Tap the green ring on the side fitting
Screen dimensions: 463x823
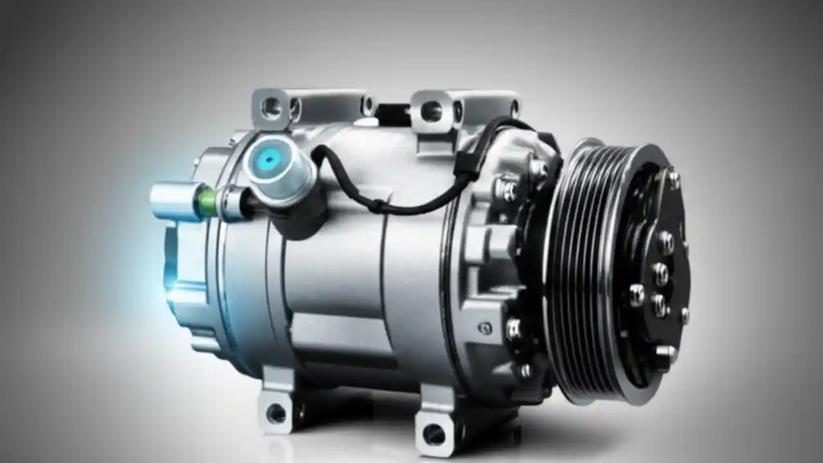(x=208, y=201)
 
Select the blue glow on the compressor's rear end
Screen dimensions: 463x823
(x=168, y=283)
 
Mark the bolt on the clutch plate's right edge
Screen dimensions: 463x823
(x=684, y=316)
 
